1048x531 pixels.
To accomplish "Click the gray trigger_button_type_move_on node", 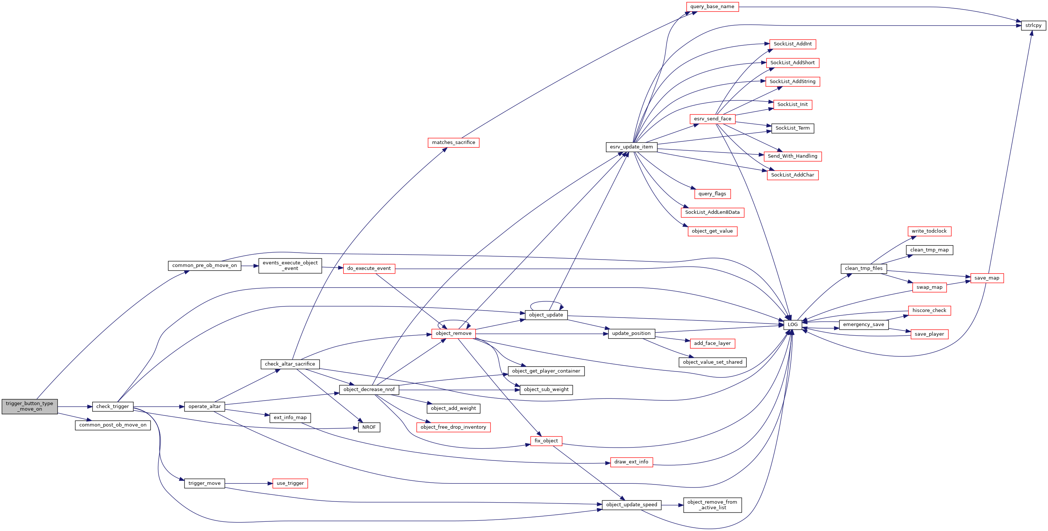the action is [x=30, y=407].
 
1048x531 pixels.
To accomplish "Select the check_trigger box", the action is [x=113, y=407].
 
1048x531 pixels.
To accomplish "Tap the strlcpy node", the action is [x=1033, y=25].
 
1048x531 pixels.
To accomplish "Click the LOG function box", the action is [x=793, y=325].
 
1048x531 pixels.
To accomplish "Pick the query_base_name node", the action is [x=712, y=7].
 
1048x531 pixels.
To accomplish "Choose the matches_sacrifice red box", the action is [x=454, y=143].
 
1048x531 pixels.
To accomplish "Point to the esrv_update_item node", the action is [x=631, y=147].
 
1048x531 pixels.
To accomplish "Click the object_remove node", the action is [x=454, y=333].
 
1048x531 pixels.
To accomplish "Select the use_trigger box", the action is [x=290, y=483].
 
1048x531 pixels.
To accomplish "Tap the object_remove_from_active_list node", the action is [x=712, y=505].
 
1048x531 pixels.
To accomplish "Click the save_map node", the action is [x=987, y=278].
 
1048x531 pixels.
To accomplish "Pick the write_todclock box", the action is [x=929, y=231].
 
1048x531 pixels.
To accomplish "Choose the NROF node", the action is [x=369, y=427].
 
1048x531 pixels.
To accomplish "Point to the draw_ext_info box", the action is [x=631, y=462].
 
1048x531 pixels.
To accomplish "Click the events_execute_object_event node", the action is [x=290, y=266].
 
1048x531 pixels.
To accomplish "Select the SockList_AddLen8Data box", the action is [x=712, y=213].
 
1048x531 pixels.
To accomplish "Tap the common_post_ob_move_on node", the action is [x=113, y=425].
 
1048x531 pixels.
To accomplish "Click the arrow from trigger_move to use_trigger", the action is [x=249, y=483].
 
